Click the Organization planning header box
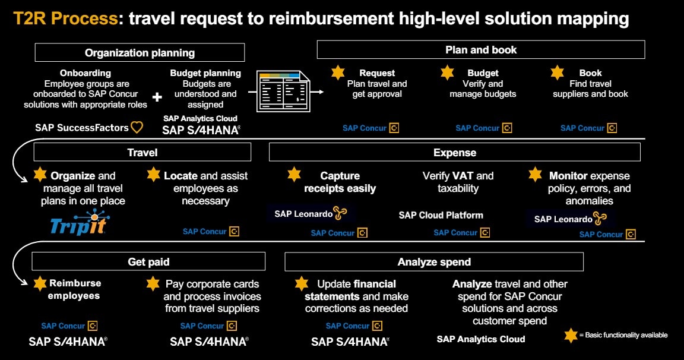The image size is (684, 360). tap(140, 52)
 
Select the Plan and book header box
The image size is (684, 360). tap(480, 49)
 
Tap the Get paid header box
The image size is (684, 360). tap(148, 261)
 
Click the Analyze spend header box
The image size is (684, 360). tap(434, 261)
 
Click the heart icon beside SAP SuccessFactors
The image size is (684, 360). tap(137, 127)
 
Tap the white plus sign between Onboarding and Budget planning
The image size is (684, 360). tap(157, 96)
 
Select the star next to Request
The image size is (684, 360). tap(338, 73)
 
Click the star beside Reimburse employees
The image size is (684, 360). tap(40, 283)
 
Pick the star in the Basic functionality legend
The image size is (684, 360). tap(571, 335)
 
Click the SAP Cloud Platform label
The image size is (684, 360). tap(441, 215)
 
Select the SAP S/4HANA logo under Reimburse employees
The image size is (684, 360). tap(68, 342)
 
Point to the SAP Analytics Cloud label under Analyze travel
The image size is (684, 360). tap(481, 339)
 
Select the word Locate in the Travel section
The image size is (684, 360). tap(180, 176)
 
